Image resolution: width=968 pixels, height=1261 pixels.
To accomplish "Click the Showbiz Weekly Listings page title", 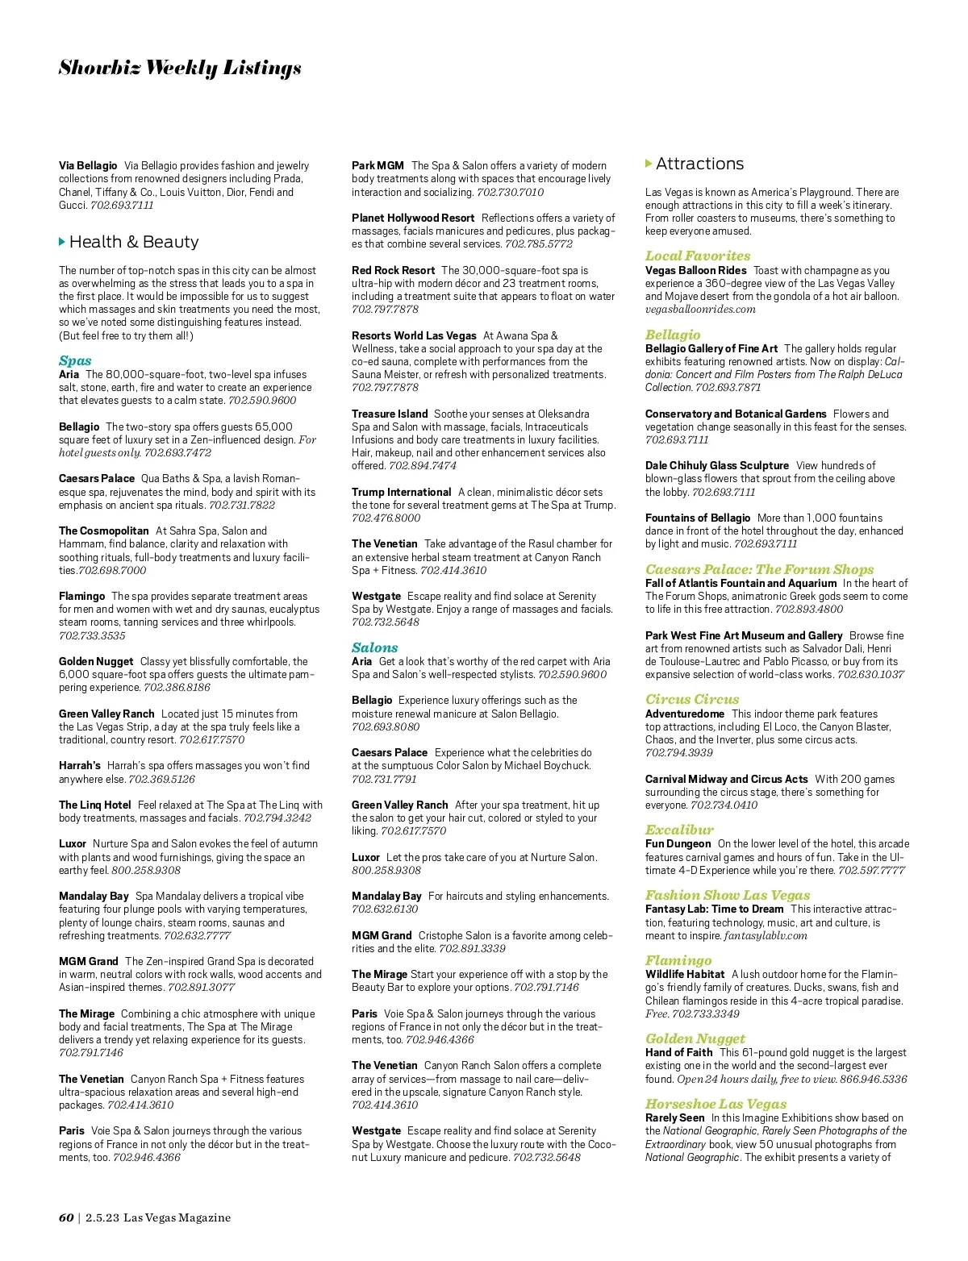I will pos(180,69).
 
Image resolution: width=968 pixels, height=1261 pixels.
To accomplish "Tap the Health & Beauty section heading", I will pos(134,242).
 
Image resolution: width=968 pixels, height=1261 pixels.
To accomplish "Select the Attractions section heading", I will pos(699,164).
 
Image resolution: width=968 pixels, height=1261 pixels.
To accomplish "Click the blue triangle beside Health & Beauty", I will pos(62,242).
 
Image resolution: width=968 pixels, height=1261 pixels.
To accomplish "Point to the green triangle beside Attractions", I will pos(649,164).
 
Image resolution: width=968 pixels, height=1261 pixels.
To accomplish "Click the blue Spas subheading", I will pos(75,360).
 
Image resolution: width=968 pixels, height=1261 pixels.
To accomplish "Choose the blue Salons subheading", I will pos(374,647).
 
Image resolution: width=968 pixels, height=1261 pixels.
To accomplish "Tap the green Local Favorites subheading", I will pos(697,256).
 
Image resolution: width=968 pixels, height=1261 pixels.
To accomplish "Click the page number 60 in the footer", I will pos(66,1217).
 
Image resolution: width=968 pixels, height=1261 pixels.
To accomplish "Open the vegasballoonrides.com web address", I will pos(700,309).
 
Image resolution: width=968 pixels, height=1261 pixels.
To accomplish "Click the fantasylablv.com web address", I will pos(766,935).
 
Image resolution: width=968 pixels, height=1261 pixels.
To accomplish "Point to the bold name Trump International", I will pos(401,492).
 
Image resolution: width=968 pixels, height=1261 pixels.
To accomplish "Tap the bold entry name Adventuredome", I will pos(684,714).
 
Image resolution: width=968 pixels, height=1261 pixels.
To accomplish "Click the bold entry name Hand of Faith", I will pos(678,1052).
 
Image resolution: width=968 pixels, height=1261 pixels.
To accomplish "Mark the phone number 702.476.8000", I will pos(386,518).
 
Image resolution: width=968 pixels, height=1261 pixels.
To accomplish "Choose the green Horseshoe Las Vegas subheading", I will pos(716,1104).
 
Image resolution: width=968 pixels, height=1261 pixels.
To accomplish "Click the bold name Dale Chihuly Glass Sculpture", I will pos(716,465).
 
